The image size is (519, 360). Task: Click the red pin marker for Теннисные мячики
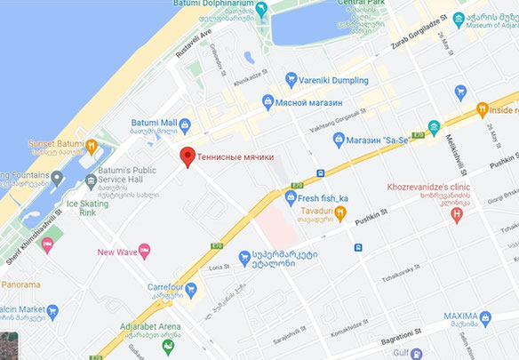[187, 156]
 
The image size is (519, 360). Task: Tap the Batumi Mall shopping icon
[185, 124]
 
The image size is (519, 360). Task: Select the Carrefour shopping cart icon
[191, 287]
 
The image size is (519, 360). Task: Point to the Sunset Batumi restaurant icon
[92, 145]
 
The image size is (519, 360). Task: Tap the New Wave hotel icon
[145, 252]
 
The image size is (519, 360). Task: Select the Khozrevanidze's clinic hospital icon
[458, 214]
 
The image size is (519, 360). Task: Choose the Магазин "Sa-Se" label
[383, 140]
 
